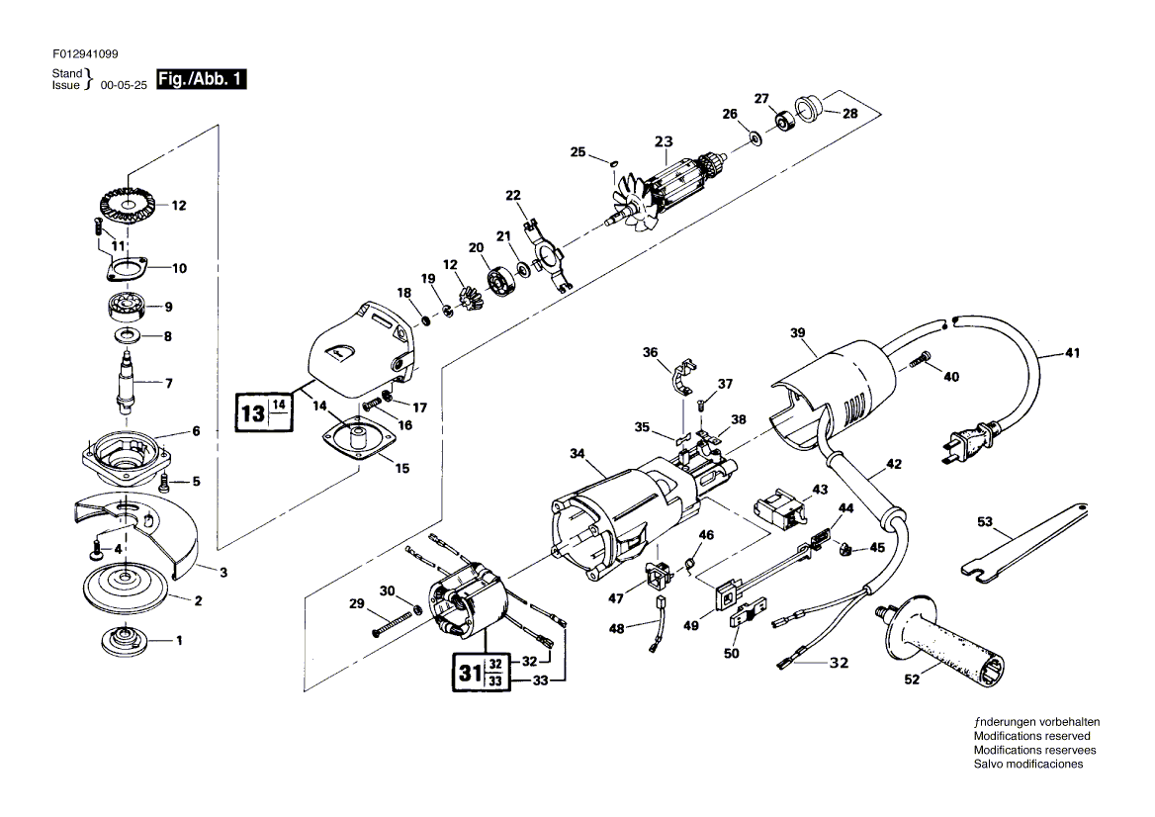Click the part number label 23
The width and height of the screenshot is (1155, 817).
pyautogui.click(x=663, y=141)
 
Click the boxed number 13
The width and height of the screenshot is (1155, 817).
pyautogui.click(x=252, y=412)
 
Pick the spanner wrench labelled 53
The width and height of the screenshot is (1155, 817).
pyautogui.click(x=1028, y=538)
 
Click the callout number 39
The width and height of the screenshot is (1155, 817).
pyautogui.click(x=798, y=333)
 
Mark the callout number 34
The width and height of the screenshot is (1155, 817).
pyautogui.click(x=577, y=454)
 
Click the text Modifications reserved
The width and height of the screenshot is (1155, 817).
pyautogui.click(x=1031, y=736)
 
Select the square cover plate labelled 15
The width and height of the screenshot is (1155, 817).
pyautogui.click(x=354, y=438)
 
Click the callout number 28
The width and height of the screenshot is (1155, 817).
pyautogui.click(x=850, y=114)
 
